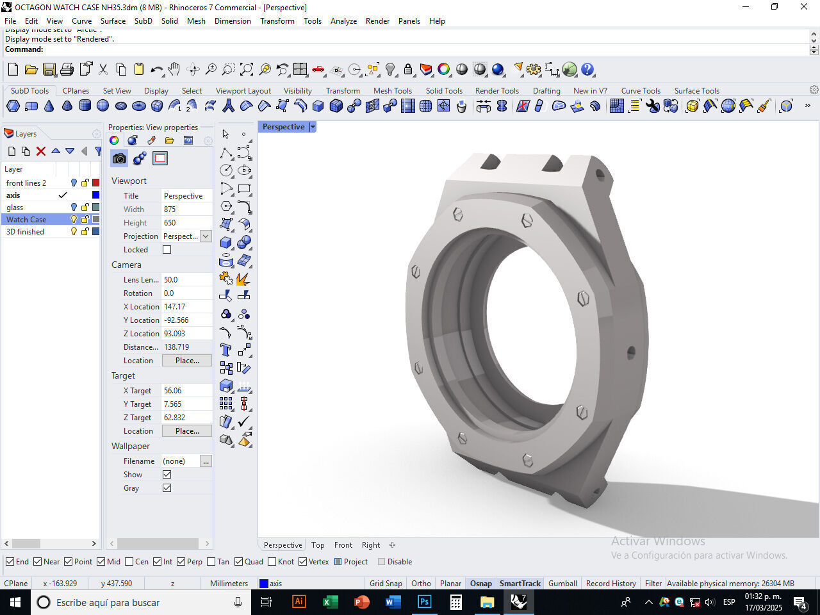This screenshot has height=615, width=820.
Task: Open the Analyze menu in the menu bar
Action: pos(343,20)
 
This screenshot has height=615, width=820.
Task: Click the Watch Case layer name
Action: pos(26,219)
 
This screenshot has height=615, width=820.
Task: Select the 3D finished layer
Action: pos(25,231)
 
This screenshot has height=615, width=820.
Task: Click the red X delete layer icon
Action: pos(41,151)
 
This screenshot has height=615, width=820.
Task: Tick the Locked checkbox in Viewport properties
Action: pos(167,250)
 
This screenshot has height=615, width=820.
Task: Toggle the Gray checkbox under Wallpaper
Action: pos(167,488)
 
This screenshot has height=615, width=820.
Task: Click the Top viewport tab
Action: pos(318,545)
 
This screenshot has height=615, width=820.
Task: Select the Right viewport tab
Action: pos(371,545)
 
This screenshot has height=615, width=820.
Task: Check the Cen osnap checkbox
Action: pos(129,562)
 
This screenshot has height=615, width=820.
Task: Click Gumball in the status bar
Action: pos(562,583)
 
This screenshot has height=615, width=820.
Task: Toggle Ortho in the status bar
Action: pos(421,583)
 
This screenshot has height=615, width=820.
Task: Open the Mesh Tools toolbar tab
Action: pos(393,90)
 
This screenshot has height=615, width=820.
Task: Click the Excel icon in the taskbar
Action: pos(330,602)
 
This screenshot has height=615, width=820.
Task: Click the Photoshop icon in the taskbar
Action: pos(424,602)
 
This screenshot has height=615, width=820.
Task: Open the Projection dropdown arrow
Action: pos(206,236)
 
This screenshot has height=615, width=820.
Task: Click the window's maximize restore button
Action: pos(774,7)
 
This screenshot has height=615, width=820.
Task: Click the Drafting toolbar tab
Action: pos(546,90)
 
